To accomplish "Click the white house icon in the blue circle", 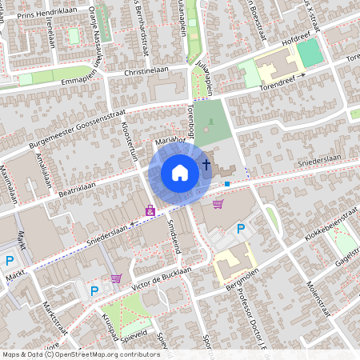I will [180, 172].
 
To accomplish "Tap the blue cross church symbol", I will [206, 166].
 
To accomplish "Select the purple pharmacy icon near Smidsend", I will [150, 210].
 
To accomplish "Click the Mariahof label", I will [170, 142].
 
